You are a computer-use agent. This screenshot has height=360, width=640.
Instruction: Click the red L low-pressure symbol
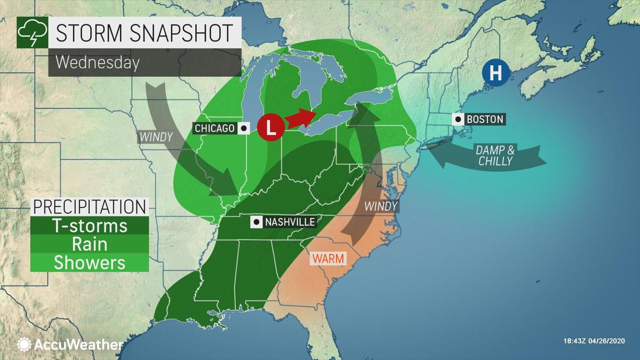pos(270,128)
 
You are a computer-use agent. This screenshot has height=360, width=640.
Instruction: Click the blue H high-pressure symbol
pos(495,73)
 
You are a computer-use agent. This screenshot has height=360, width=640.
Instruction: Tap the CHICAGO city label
pos(215,129)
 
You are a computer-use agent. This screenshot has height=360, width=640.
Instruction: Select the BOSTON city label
pos(484,119)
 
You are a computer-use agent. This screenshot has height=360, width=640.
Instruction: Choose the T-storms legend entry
pos(89,226)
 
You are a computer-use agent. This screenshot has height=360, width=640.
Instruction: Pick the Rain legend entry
pos(89,244)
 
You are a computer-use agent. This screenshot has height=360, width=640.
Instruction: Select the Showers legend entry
pos(89,262)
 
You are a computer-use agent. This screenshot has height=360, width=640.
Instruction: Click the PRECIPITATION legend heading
pos(89,207)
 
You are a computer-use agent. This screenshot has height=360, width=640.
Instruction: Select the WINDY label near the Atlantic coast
pos(381,206)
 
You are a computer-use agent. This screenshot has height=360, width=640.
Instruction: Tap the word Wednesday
pos(97,62)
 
